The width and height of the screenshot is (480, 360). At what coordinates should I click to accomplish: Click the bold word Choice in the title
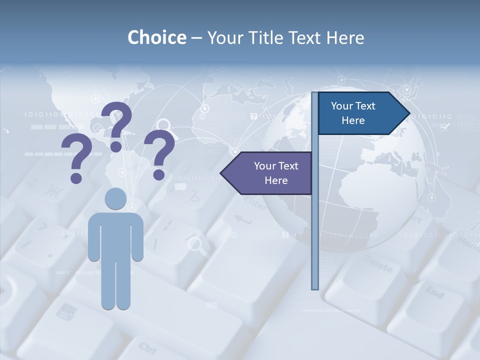coord(156,37)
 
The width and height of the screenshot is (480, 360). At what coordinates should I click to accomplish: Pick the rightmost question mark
coord(159,154)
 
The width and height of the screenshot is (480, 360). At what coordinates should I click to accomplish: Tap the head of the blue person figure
coord(115,198)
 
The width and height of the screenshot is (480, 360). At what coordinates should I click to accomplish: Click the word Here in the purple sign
coord(276,180)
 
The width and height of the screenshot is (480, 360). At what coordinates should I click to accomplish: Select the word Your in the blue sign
coord(341,106)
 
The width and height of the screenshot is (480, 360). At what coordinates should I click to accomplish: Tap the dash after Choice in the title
coord(196,38)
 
